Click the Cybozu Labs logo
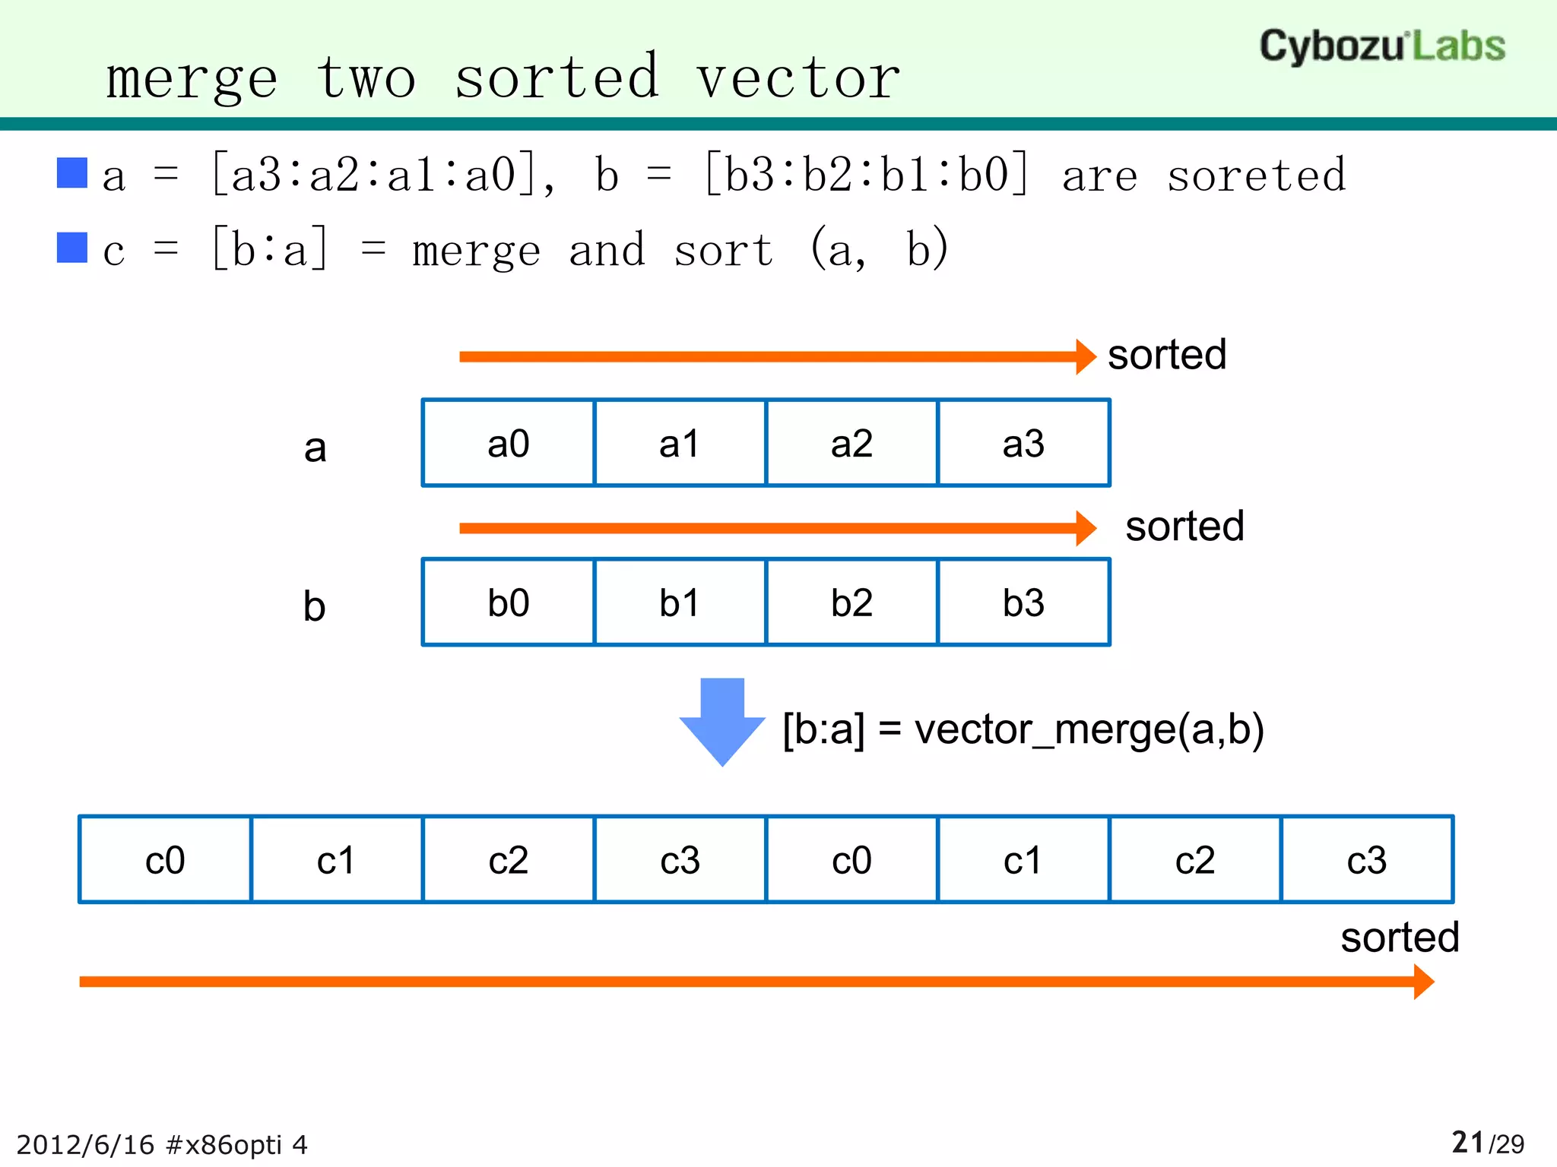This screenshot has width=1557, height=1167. point(1381,46)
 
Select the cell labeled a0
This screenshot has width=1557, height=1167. point(508,443)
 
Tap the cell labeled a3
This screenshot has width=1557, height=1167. point(1023,443)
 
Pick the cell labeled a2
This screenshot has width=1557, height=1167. point(851,443)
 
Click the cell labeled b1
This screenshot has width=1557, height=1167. point(679,602)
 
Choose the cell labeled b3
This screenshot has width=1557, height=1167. point(1023,602)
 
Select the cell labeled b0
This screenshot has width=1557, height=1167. point(508,602)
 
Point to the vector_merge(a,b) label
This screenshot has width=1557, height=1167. point(1023,729)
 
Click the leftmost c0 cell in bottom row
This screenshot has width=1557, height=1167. point(165,860)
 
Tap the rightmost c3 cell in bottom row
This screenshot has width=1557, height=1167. point(1366,860)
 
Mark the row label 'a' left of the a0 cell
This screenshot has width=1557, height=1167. point(315,448)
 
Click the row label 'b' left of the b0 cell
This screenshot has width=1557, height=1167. point(314,606)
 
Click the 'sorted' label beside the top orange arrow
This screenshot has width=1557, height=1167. point(1166,355)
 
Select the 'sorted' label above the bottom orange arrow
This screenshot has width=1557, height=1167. point(1399,937)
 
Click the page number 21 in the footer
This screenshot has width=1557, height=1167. point(1467,1142)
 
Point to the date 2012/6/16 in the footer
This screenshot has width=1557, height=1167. point(84,1144)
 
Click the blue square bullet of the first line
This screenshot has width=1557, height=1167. point(72,172)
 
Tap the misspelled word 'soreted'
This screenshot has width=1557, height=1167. point(1256,176)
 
